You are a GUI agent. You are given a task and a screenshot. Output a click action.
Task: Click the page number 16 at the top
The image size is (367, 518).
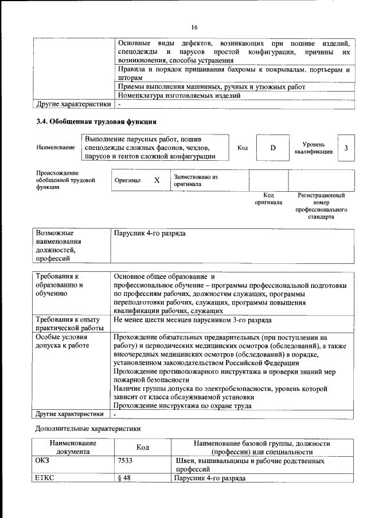(194, 27)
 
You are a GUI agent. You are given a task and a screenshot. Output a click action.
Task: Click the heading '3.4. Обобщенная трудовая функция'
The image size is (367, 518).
(96, 121)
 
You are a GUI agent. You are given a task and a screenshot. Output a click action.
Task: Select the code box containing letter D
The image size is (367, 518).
(273, 148)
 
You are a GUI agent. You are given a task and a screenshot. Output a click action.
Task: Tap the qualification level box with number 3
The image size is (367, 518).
(346, 148)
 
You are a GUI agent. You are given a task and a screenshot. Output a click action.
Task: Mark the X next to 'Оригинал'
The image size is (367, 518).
(157, 180)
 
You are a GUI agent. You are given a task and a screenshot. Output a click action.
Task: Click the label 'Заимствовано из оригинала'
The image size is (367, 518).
(196, 181)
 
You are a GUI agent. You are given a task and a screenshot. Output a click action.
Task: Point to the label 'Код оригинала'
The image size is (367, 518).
(268, 199)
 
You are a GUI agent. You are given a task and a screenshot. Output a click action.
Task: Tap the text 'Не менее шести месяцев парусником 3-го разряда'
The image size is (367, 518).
(193, 320)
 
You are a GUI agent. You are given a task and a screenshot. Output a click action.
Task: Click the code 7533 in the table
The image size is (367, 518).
(125, 460)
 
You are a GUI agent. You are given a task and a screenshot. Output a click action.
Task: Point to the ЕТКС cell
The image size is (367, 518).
(45, 477)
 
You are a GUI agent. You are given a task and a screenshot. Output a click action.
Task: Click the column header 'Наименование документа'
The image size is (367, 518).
(73, 447)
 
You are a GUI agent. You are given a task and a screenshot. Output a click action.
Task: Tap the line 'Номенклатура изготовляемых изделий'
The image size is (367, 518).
(179, 96)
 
